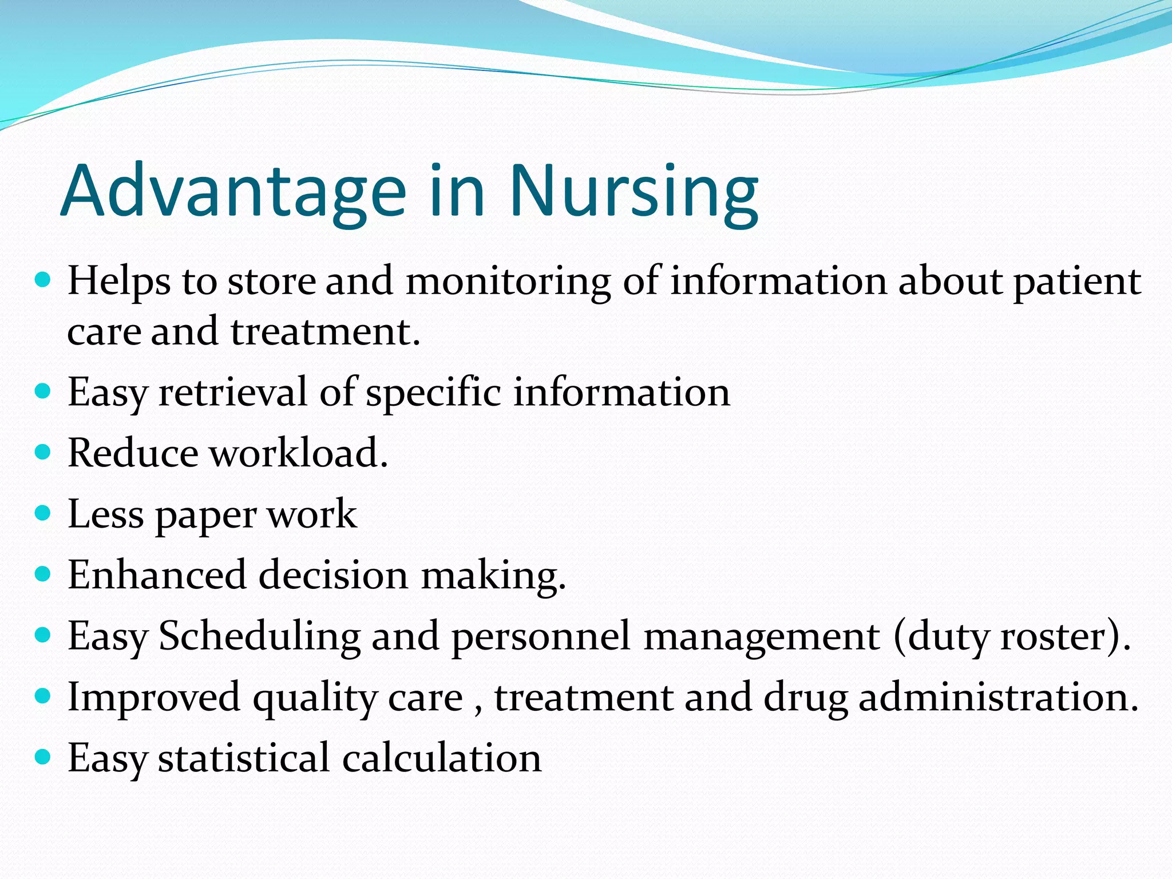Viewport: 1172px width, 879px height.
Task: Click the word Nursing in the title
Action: [634, 192]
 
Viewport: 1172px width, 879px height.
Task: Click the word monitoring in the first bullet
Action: [508, 282]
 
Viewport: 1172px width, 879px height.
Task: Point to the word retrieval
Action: [233, 393]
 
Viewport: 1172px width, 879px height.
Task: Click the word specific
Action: [433, 393]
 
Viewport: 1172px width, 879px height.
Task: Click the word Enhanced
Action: [157, 575]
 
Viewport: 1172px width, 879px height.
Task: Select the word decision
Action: [333, 575]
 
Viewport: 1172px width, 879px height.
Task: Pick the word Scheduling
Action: [259, 636]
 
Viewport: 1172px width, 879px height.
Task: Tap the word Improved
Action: [153, 698]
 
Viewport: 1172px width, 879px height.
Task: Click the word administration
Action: [999, 698]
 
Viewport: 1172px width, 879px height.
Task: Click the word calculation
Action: [441, 758]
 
